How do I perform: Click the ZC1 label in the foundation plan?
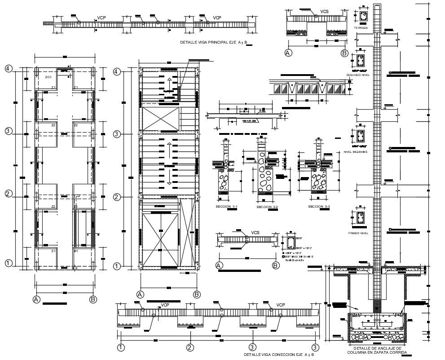click(x=48, y=77)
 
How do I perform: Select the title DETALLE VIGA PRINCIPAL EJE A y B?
click(x=213, y=43)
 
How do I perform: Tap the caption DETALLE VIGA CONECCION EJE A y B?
click(x=279, y=355)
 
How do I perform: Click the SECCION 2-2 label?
click(x=267, y=207)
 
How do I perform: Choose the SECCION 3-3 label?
click(x=319, y=206)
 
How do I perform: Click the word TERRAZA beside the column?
click(x=361, y=28)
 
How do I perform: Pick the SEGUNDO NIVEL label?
click(x=358, y=75)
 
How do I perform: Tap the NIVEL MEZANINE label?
click(x=358, y=151)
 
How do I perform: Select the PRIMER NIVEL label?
click(x=358, y=233)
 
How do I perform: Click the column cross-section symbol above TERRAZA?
click(x=362, y=17)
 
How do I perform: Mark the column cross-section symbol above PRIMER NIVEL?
click(x=360, y=218)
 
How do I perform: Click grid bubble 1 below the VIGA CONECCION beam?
click(x=121, y=347)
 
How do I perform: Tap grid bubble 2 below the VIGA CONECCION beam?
click(x=190, y=347)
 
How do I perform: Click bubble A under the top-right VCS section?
click(x=288, y=53)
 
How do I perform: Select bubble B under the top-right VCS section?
click(x=344, y=53)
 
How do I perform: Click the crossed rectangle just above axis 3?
click(x=160, y=118)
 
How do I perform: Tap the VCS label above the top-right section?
click(x=324, y=11)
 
